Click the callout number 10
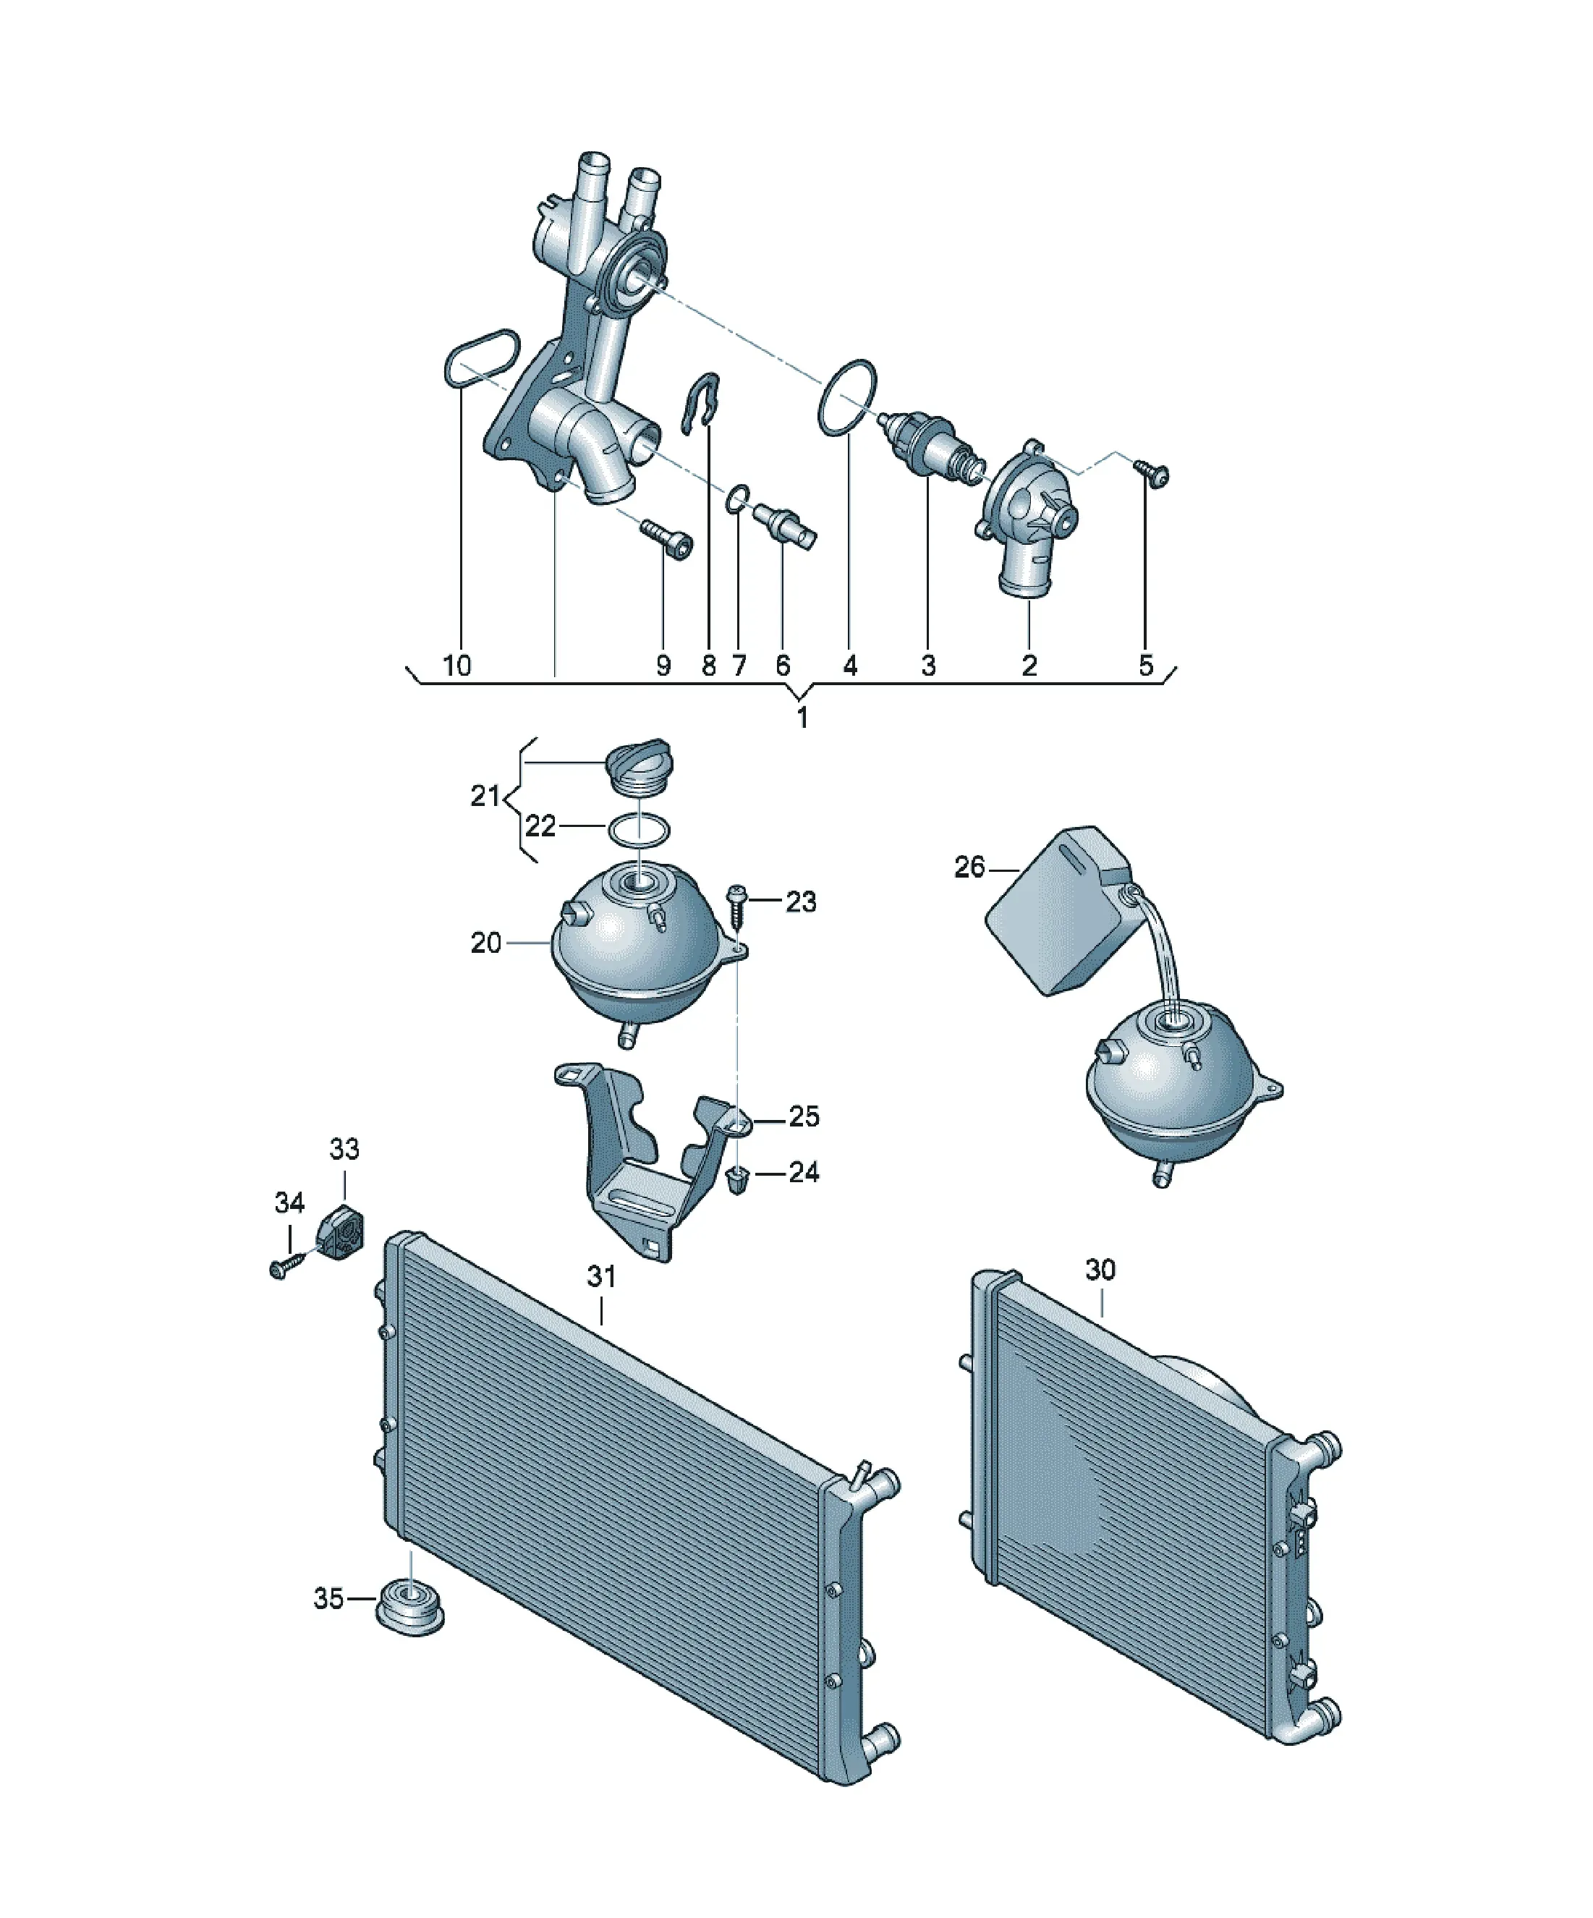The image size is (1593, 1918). (456, 665)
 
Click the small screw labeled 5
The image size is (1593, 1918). (1152, 473)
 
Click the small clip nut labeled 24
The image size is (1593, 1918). (734, 1181)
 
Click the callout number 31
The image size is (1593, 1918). (601, 1277)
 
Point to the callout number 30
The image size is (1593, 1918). (1100, 1270)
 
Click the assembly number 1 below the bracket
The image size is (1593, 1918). (802, 718)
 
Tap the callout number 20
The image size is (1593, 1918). (486, 943)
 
